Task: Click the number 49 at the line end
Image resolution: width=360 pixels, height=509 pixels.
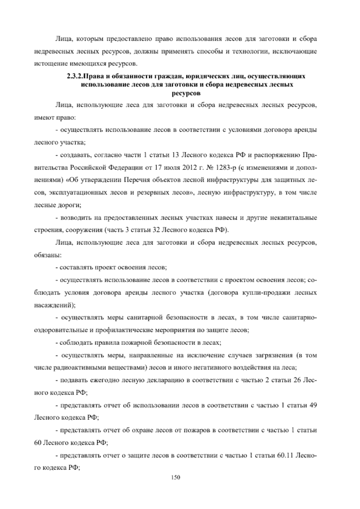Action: [x=313, y=406]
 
